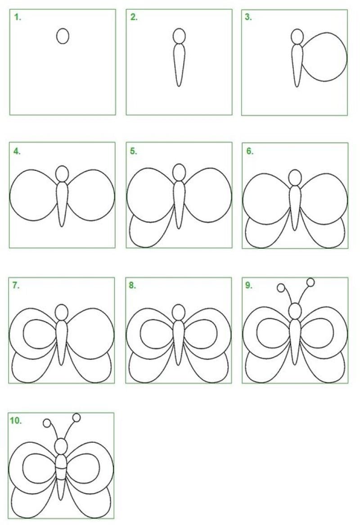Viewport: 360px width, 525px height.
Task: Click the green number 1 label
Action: [x=18, y=17]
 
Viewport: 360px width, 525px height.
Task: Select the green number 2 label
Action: [x=134, y=17]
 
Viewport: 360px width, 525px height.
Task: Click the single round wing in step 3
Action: [x=346, y=57]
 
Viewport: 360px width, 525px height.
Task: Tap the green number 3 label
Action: [x=248, y=17]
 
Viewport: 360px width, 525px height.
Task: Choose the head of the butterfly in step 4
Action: [x=62, y=174]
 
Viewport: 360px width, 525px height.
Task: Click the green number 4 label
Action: [x=17, y=151]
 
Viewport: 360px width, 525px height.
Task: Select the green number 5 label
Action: [x=134, y=151]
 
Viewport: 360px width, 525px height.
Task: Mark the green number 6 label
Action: [x=250, y=151]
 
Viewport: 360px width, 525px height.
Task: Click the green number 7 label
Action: [x=16, y=286]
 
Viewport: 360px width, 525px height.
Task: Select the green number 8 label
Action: [x=132, y=286]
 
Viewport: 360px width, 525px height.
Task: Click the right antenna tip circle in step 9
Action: [x=310, y=282]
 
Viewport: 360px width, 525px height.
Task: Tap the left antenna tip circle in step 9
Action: [x=281, y=287]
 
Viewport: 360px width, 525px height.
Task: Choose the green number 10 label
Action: [x=16, y=421]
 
